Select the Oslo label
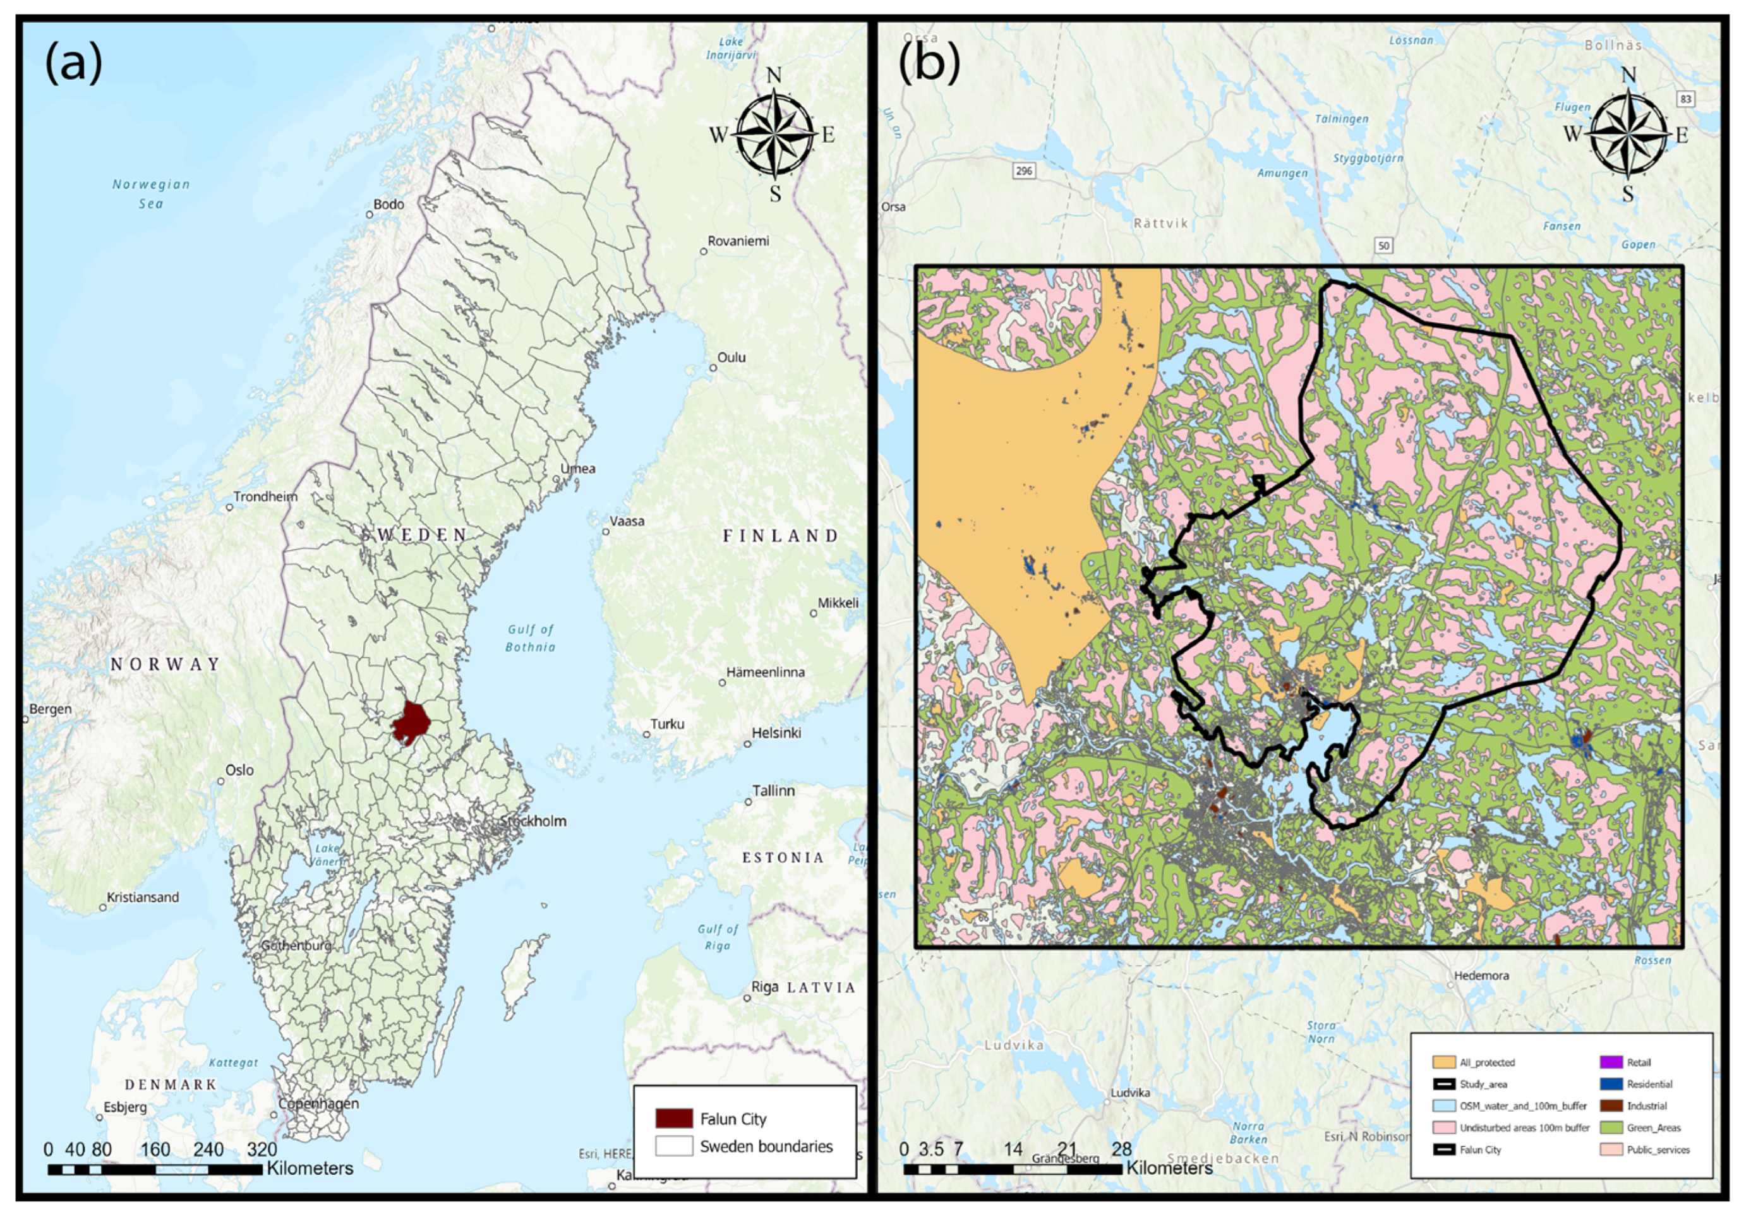click(x=239, y=770)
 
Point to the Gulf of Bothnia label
click(x=530, y=638)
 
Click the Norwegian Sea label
click(x=151, y=193)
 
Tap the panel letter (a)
click(x=73, y=64)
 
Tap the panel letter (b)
click(x=929, y=64)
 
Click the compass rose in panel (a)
click(x=774, y=135)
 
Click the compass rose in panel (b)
click(x=1628, y=135)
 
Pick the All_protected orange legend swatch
click(x=1443, y=1062)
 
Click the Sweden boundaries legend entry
click(x=766, y=1146)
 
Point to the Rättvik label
click(x=1160, y=224)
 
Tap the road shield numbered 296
click(x=1023, y=171)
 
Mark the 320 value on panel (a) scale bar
click(x=262, y=1149)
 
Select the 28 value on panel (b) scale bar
click(x=1122, y=1149)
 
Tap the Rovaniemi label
click(x=738, y=241)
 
